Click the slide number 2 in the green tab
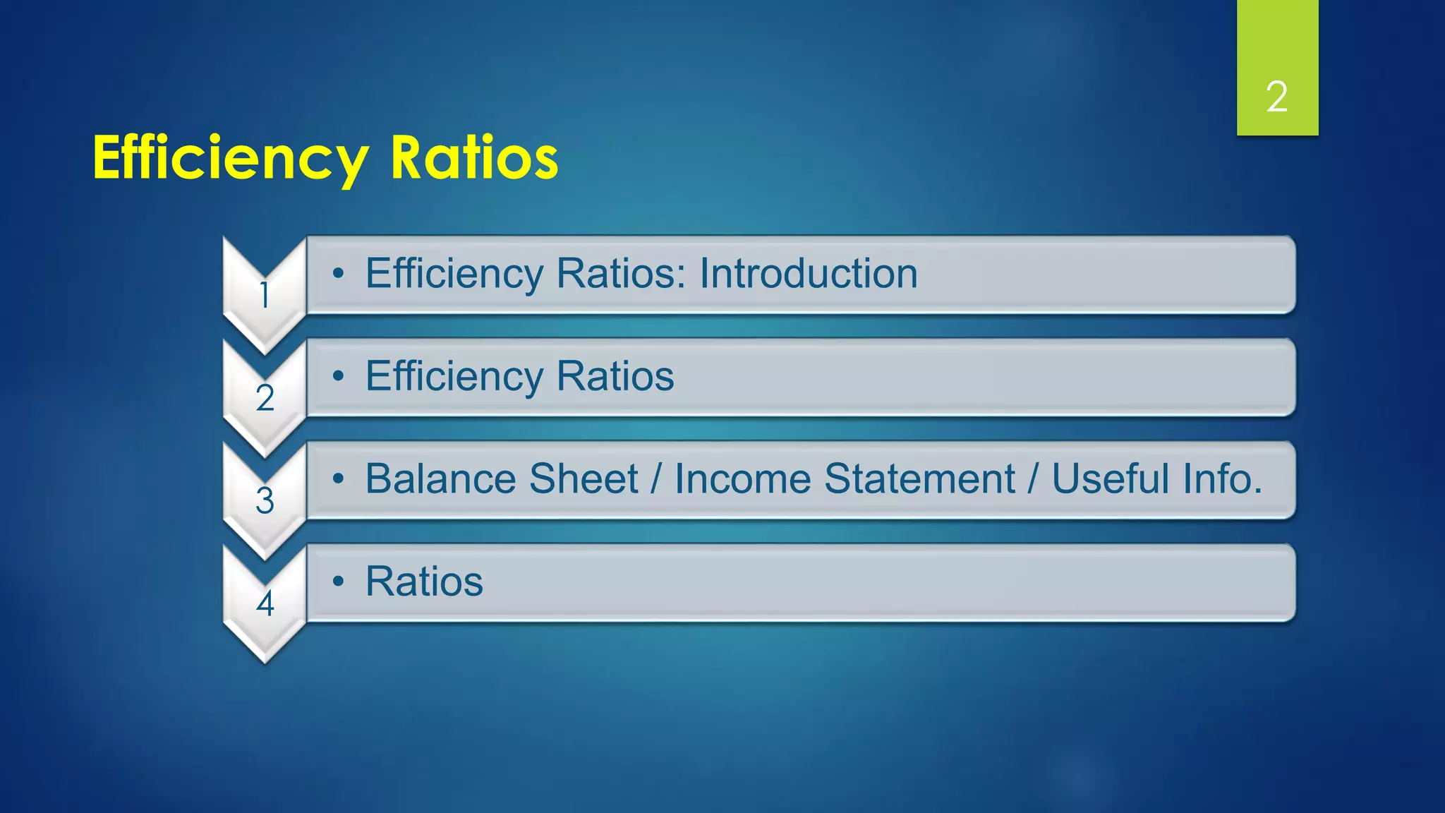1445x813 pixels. point(1276,97)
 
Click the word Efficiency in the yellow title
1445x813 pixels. point(230,158)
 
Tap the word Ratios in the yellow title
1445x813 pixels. point(474,158)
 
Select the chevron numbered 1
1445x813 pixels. point(265,294)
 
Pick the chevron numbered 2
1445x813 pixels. point(265,397)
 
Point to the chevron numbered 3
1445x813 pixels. point(265,500)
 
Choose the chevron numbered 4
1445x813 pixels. point(265,603)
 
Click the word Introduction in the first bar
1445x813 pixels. point(808,273)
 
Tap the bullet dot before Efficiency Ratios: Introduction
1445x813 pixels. point(339,274)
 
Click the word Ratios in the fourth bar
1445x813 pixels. point(424,582)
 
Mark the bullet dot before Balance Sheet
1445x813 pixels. point(339,479)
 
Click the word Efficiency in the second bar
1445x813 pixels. point(454,376)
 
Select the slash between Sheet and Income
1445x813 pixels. point(656,478)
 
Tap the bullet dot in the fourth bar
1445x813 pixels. point(339,582)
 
